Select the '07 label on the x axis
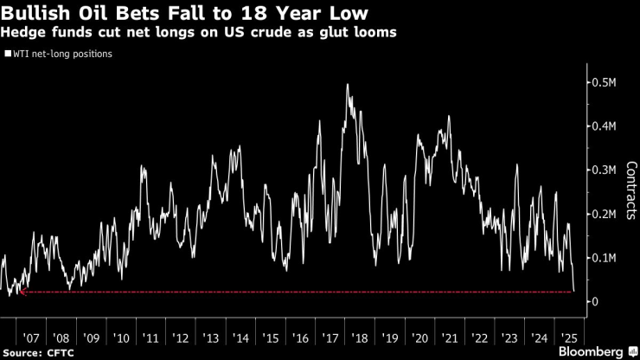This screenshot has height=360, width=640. click(30, 337)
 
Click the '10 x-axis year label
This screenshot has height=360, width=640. click(121, 337)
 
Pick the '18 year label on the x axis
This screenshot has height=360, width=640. click(360, 337)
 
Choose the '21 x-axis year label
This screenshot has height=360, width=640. click(450, 337)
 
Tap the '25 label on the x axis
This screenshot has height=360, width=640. click(569, 337)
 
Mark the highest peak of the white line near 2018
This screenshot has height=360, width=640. click(347, 85)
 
